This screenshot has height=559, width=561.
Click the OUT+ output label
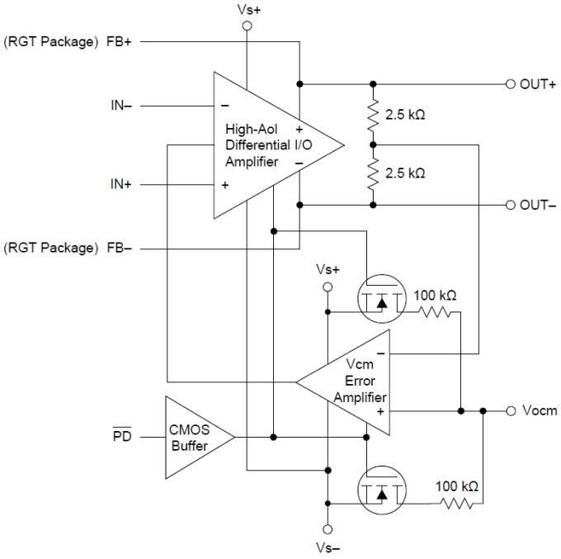(x=537, y=84)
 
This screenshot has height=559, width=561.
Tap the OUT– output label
(x=537, y=205)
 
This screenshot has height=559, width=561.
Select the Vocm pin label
(x=540, y=410)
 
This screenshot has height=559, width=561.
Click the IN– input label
(x=121, y=106)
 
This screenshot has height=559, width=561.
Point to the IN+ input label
(x=121, y=185)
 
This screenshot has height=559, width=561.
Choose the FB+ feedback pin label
(x=119, y=41)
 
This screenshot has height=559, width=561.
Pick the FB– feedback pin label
(x=119, y=247)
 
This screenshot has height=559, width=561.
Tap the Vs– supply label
(x=327, y=546)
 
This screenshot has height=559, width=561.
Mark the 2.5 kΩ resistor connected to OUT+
(x=373, y=115)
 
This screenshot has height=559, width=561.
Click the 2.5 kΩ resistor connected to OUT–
(x=373, y=174)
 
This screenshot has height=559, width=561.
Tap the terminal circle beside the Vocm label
(x=510, y=410)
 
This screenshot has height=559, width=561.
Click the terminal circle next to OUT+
(x=510, y=84)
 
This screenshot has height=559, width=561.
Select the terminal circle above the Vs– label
(x=328, y=528)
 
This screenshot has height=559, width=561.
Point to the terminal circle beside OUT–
(x=510, y=205)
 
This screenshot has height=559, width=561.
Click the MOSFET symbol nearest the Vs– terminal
(x=381, y=491)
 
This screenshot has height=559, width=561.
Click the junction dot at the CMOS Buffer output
(x=272, y=437)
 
